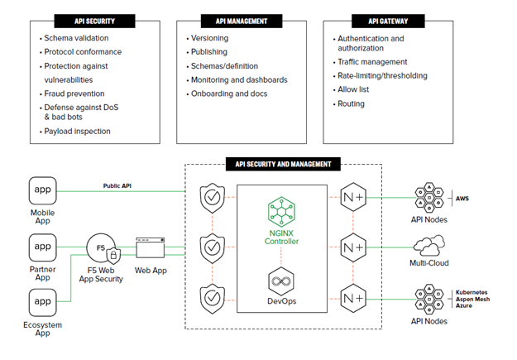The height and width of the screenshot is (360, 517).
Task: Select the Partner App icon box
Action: pyautogui.click(x=42, y=246)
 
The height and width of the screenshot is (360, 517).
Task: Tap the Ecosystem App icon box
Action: pyautogui.click(x=42, y=302)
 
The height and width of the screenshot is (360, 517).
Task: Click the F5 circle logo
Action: pyautogui.click(x=100, y=247)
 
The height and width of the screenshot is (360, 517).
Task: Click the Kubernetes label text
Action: pyautogui.click(x=474, y=292)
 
